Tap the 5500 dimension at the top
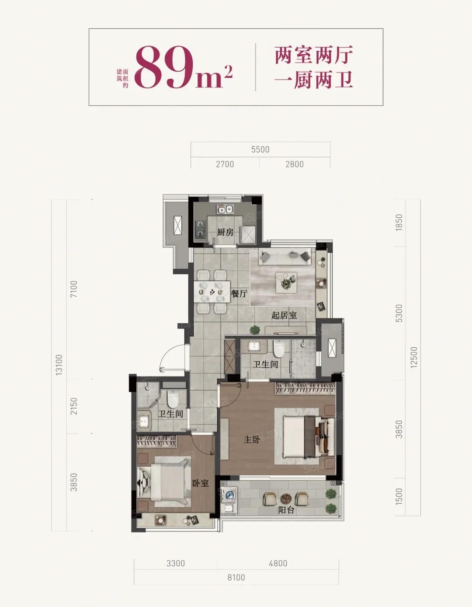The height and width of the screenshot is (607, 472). [x=260, y=150]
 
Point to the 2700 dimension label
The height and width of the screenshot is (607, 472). [x=225, y=164]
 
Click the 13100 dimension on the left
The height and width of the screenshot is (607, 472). [x=59, y=365]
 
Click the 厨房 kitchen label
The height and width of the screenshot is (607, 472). [x=225, y=232]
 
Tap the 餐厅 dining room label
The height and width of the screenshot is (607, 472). [x=239, y=293]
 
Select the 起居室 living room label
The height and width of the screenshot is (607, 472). [x=284, y=315]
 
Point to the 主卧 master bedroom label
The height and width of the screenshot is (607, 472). [x=252, y=440]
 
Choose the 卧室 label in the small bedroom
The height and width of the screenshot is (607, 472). [x=201, y=483]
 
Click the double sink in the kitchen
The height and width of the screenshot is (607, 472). [x=225, y=209]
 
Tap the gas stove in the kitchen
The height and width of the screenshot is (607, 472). [x=200, y=229]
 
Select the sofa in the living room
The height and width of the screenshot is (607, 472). [x=285, y=256]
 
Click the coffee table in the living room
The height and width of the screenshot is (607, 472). [x=286, y=283]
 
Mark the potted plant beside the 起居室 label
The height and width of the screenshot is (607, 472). [x=254, y=329]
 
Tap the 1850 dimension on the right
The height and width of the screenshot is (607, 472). [x=399, y=222]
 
